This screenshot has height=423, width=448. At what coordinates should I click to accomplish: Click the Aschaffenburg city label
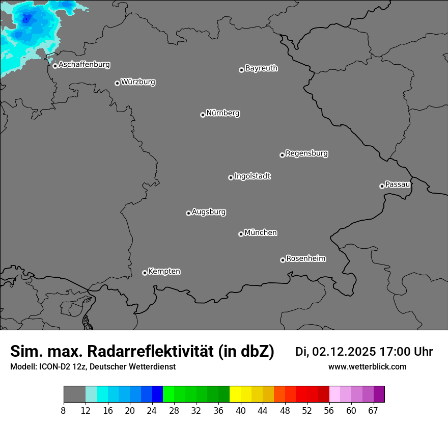pos(84,65)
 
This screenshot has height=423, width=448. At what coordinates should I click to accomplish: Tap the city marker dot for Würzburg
pos(117,83)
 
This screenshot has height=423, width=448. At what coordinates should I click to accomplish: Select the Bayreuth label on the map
pos(261,68)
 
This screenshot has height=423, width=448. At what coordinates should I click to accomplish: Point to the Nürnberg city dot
pos(203,115)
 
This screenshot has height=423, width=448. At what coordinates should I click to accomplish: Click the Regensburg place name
pos(306,153)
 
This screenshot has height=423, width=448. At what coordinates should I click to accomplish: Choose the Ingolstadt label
pos(252,176)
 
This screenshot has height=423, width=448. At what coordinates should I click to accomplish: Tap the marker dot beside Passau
pos(382,186)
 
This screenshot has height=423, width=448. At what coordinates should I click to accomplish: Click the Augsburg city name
pos(209,212)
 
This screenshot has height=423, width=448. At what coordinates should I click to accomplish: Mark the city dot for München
pos(241,234)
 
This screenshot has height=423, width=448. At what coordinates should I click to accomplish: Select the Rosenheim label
pos(305,258)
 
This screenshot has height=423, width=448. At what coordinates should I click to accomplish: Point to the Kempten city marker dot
pos(145,273)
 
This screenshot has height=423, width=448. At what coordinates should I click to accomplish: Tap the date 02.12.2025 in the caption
pos(344,352)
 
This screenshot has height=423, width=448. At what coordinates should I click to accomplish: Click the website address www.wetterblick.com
pos(367,366)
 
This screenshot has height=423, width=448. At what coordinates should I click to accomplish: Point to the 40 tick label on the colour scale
pos(241,411)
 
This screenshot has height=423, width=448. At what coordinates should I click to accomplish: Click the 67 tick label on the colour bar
pos(373,411)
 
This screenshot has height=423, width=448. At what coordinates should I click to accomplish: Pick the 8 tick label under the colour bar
pos(64,411)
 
